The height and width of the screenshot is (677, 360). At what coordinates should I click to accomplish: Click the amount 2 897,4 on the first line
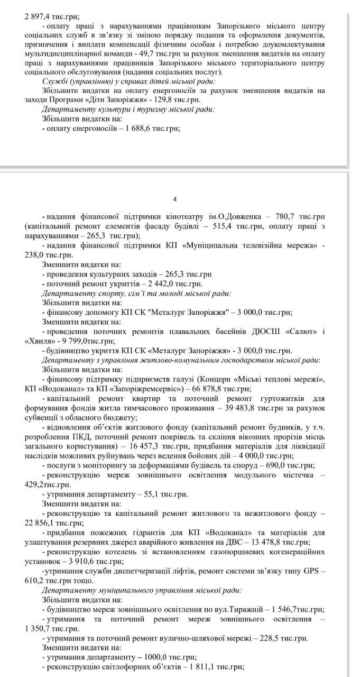[x=38, y=16]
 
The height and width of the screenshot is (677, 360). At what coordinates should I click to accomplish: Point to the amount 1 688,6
[x=139, y=129]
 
